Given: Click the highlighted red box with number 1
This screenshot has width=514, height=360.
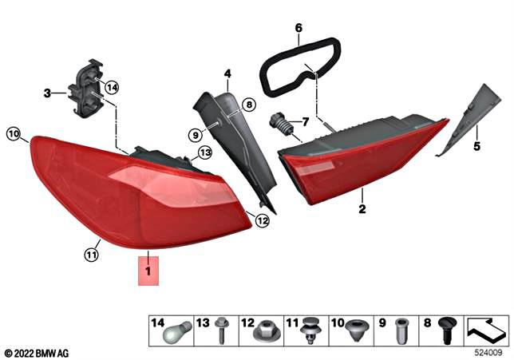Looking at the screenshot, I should [149, 271].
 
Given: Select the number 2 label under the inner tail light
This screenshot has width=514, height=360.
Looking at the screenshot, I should [362, 210].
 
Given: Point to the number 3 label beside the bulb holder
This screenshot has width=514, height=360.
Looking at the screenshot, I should [48, 93].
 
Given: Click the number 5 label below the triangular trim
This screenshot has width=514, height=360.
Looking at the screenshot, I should [476, 147].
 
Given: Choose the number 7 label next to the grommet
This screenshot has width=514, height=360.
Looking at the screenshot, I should [304, 121].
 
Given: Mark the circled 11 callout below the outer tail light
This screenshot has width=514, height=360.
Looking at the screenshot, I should [91, 255].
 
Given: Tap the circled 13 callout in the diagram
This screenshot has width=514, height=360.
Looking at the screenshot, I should [205, 152].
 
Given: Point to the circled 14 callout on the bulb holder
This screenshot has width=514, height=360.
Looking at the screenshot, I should [112, 87].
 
